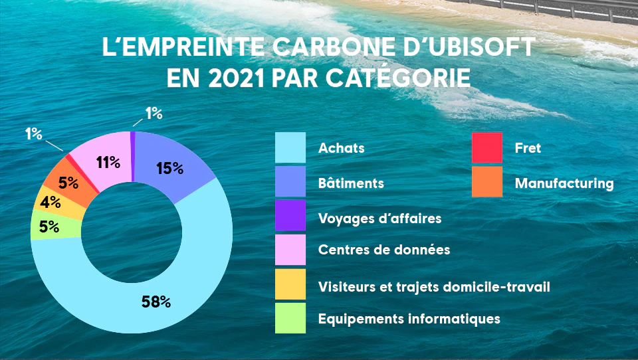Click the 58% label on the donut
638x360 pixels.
point(156,302)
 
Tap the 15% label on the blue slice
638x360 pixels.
point(169,168)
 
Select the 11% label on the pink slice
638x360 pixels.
point(108,161)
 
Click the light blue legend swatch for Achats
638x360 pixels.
point(290,147)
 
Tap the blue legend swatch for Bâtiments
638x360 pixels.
point(290,182)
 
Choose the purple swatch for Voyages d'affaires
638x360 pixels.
point(290,217)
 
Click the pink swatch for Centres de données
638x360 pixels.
point(290,250)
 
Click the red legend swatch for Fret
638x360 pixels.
point(487,147)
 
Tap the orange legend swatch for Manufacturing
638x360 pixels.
point(487,182)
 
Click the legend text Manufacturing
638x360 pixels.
point(564,183)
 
